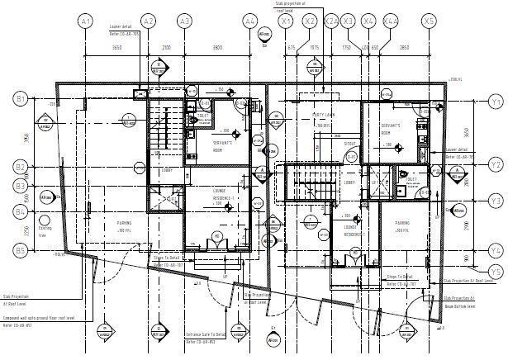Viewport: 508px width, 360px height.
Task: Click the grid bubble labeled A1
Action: point(85,21)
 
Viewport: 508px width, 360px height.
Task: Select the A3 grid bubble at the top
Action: point(184,21)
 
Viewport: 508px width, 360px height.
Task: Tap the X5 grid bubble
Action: point(428,21)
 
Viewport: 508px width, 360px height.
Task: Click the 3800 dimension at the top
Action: point(217,48)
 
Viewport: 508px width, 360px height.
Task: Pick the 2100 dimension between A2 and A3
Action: point(166,48)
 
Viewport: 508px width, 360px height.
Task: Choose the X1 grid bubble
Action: point(287,21)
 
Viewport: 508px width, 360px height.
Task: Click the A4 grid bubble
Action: point(250,21)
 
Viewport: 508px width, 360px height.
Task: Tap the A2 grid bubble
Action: point(149,21)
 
